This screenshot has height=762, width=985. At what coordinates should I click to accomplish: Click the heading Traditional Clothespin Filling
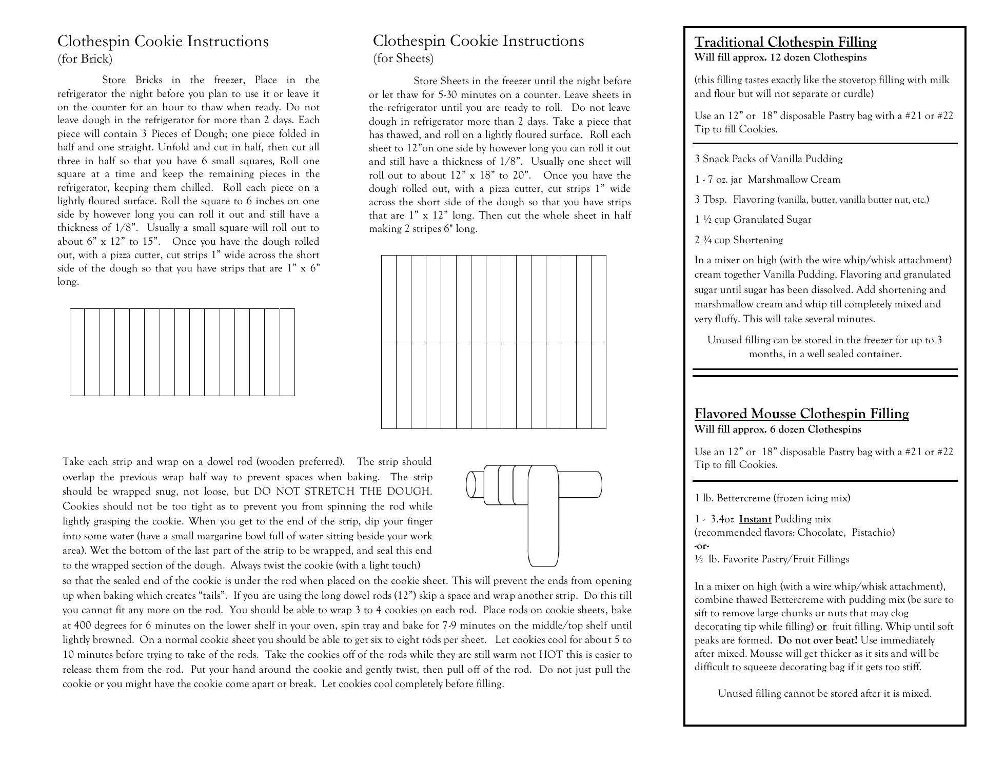coord(785,42)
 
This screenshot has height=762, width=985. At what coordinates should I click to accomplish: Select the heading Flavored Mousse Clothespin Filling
coord(801,414)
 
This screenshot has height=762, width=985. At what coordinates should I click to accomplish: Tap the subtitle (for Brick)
coord(85,59)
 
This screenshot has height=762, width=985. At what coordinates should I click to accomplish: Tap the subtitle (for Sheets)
coord(403,58)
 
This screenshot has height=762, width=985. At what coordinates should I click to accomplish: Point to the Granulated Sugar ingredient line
coord(753,220)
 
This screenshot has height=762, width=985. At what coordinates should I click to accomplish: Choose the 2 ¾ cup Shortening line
coord(739,240)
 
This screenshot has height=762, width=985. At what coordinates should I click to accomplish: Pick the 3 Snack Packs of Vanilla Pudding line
coord(769,159)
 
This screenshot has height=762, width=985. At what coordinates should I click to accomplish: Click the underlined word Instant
coord(755,519)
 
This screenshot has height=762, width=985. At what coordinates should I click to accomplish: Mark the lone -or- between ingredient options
coord(702,546)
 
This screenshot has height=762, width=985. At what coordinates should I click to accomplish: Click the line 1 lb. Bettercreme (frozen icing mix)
coord(772,498)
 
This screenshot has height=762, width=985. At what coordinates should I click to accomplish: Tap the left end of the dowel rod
coord(471,484)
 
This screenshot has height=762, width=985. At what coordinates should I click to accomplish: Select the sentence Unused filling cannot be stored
coord(824,694)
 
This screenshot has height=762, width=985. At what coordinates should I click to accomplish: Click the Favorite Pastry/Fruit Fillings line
coord(772,559)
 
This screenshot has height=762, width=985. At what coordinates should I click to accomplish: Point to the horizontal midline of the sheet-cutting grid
coord(494,342)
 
